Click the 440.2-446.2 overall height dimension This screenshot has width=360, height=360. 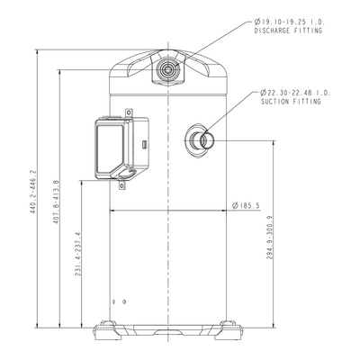tap(32, 193)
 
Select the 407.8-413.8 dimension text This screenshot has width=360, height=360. tap(56, 202)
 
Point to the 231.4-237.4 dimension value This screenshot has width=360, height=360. tap(78, 254)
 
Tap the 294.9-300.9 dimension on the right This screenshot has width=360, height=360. tap(270, 238)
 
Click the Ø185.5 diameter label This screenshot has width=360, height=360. tap(246, 205)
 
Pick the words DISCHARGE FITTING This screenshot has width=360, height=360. tap(288, 31)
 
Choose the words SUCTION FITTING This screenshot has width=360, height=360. tap(291, 102)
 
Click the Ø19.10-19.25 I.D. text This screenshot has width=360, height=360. tap(290, 22)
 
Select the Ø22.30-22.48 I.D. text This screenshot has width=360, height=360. tap(296, 93)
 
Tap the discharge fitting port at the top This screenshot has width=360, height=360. tap(167, 70)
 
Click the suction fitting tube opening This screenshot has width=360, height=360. tap(207, 140)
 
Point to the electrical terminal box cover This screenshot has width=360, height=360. tap(110, 149)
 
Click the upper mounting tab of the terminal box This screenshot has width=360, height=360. tap(129, 112)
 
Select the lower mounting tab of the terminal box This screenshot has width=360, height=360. tap(121, 185)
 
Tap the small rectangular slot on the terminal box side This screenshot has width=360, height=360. tap(144, 144)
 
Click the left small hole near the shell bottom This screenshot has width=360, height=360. tap(113, 301)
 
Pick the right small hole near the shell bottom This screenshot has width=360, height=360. tap(124, 301)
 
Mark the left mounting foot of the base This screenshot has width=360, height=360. tap(108, 330)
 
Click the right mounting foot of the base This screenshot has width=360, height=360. tap(228, 330)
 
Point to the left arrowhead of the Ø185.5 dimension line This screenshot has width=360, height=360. tap(112, 211)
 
